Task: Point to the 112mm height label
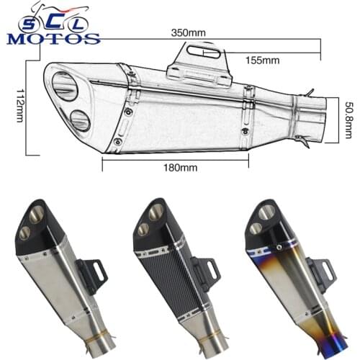[19, 108]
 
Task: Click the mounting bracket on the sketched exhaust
[202, 63]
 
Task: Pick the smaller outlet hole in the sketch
[80, 120]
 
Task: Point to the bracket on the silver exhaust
[94, 274]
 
